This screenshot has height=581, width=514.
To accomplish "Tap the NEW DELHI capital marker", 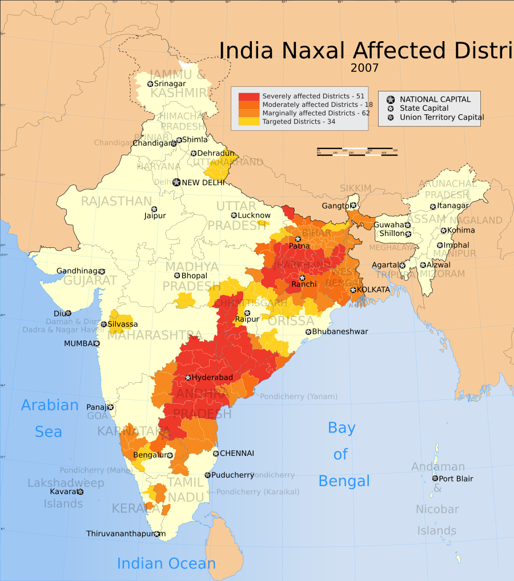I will [x=176, y=183].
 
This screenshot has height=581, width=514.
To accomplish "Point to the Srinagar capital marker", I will [x=150, y=84].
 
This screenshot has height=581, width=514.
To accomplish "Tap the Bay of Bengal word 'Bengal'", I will [x=344, y=481].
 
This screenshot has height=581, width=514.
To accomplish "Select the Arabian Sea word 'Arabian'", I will [x=50, y=406].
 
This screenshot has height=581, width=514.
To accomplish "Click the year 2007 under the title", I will [x=364, y=68].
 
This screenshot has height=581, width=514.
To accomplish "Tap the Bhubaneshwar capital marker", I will [x=308, y=332].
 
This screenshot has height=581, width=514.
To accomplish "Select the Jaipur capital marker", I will [x=154, y=209].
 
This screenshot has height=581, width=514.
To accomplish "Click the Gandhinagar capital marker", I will [x=102, y=271].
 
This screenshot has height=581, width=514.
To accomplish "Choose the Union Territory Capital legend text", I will [x=441, y=118].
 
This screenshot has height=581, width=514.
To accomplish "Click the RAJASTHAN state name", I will [x=116, y=201].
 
